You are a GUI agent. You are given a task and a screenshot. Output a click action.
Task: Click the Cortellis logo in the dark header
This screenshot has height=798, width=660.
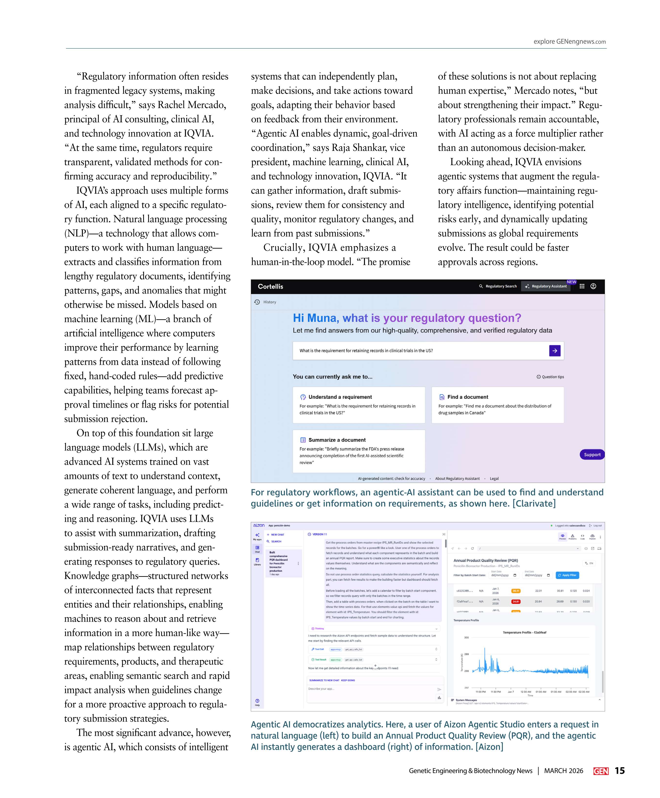coord(270,286)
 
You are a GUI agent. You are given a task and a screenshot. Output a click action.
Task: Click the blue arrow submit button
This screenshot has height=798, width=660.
coord(554,351)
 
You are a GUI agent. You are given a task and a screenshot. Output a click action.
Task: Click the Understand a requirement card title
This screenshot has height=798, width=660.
coord(340,397)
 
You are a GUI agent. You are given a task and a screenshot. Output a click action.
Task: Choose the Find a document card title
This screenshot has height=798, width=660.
coord(467,397)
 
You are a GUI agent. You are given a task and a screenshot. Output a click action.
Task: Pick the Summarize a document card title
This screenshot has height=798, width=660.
coord(337,440)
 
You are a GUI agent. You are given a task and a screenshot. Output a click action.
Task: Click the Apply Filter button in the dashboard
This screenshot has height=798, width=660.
coord(567,575)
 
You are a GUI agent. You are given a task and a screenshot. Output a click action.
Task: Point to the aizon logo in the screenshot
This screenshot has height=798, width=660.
coord(259,525)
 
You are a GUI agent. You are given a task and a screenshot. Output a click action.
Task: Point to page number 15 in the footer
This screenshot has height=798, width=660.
coord(620,771)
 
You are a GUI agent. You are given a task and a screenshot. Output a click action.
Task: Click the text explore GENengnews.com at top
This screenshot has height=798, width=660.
coord(569,41)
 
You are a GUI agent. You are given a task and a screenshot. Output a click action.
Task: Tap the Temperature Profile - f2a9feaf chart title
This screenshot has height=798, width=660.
coord(524,632)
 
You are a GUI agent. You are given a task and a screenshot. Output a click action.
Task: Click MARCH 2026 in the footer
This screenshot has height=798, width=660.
coord(563,771)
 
